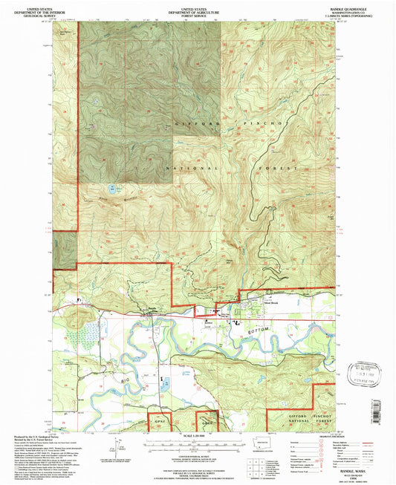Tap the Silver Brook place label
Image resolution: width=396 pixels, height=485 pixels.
click(x=269, y=303)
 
